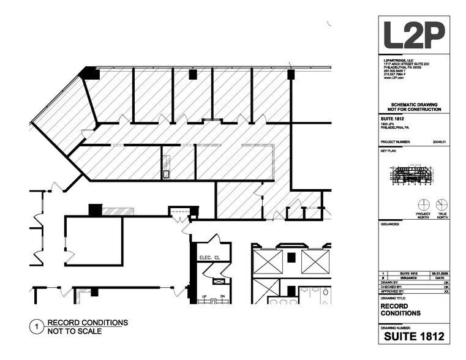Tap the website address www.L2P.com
(393, 78)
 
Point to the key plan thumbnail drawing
(413, 174)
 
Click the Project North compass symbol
(423, 204)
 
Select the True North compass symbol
(441, 204)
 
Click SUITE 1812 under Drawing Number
(413, 336)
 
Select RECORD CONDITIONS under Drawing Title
(400, 309)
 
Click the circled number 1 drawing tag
(37, 327)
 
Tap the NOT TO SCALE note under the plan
(74, 331)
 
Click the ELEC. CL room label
(209, 257)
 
